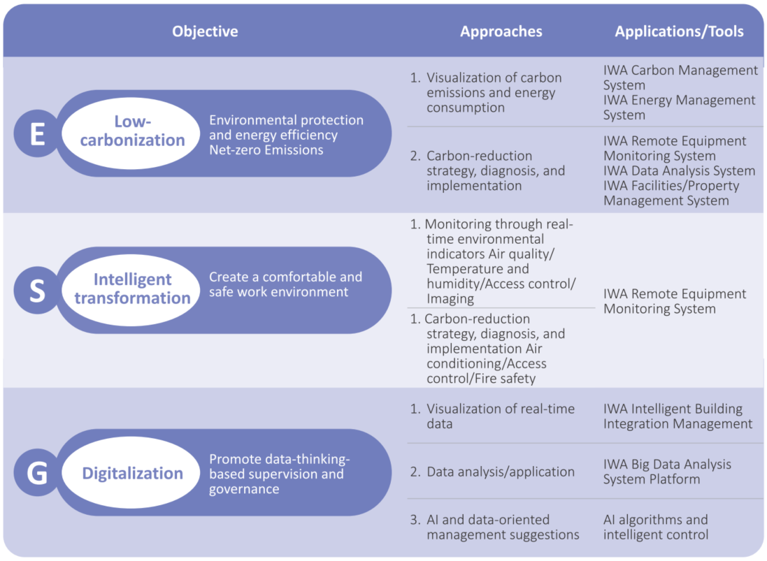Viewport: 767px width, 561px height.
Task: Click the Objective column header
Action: [205, 31]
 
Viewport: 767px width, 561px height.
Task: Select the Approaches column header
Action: [501, 31]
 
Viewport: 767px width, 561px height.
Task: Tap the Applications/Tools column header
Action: [679, 31]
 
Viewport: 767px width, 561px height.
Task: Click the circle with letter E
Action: [37, 133]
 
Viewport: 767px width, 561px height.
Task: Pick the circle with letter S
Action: [37, 290]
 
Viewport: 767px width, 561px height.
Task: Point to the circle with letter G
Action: [37, 473]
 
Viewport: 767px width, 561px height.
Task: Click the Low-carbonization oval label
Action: [131, 133]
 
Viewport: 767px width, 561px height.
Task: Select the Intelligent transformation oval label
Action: [131, 290]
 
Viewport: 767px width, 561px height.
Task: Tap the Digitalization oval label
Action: [131, 473]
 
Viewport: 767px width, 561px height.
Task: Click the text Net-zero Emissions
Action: [266, 150]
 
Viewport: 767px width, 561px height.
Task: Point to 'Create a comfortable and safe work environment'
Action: [286, 284]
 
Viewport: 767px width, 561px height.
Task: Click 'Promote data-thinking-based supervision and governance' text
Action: [279, 474]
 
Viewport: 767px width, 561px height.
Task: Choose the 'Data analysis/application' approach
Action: [493, 472]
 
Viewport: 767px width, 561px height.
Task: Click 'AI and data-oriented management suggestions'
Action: [495, 527]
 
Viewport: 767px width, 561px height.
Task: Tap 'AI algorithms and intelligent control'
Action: [655, 527]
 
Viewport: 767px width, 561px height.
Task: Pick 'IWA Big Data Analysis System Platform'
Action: [667, 472]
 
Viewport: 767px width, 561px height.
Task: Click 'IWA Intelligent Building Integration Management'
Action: [678, 416]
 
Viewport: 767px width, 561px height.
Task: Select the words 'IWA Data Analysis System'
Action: [679, 170]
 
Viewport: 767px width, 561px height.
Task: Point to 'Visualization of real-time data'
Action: [493, 416]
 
